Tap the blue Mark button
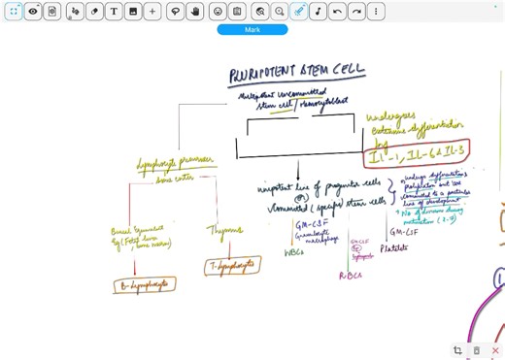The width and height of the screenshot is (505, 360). point(252,30)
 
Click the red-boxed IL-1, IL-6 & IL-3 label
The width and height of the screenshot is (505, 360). point(419,152)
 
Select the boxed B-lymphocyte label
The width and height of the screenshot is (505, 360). point(140,284)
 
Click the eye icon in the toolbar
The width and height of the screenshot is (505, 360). point(33,11)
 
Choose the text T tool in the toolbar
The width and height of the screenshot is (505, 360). point(114,11)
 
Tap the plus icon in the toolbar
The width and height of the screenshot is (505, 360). point(152,11)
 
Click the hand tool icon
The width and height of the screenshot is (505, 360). point(195,11)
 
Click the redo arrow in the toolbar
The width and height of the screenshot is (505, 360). point(356,11)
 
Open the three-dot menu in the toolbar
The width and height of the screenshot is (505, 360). point(376,11)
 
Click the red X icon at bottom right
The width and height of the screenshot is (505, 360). point(495,349)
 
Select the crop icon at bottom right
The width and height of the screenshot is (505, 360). point(457,349)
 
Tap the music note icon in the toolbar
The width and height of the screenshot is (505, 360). point(318,11)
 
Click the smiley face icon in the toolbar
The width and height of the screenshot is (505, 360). point(217,11)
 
